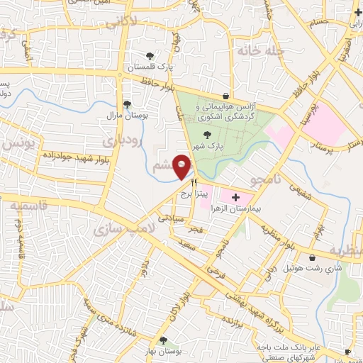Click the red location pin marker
182,165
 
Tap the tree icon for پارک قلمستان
149,55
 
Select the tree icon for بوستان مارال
126,104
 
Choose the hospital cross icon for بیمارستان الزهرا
235,194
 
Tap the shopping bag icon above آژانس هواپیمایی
225,96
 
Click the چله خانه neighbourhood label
260,51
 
